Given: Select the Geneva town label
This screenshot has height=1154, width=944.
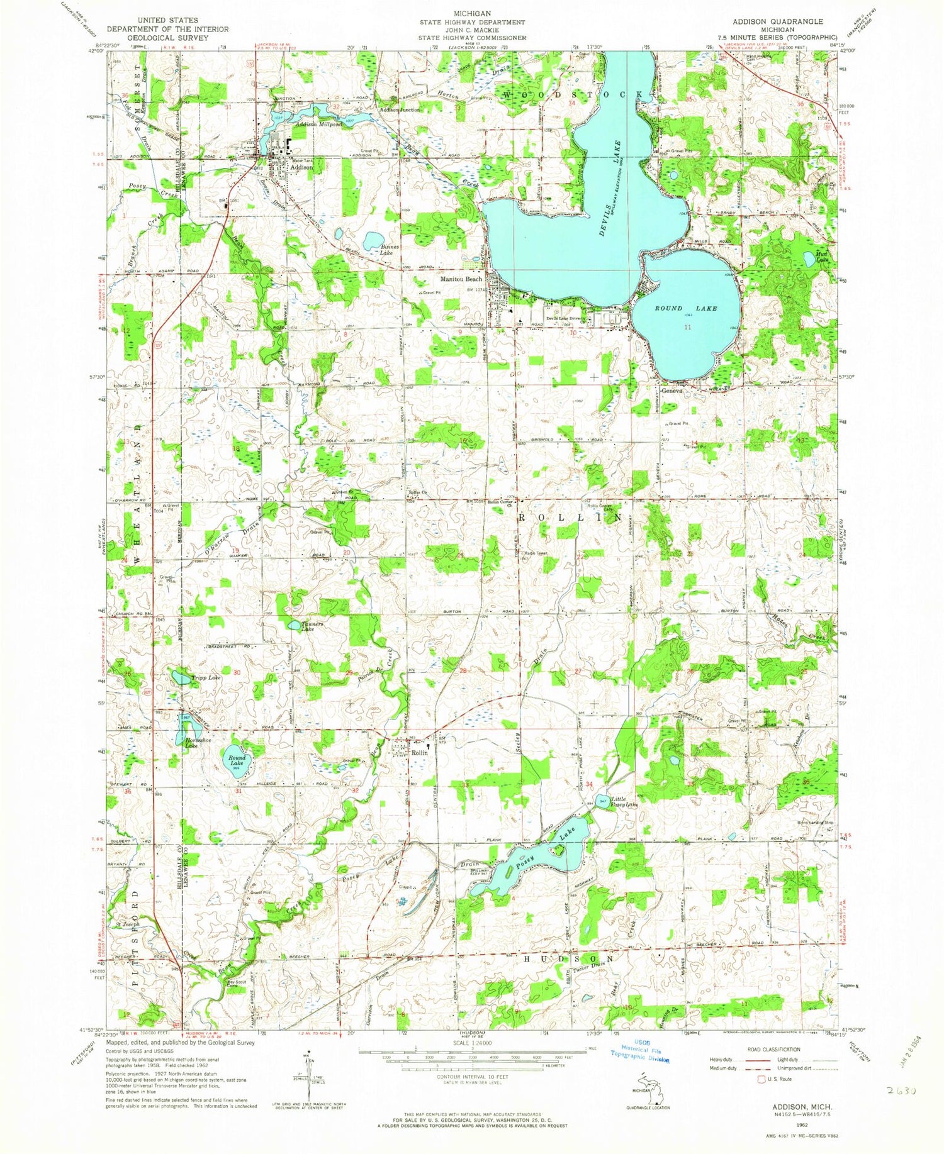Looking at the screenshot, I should [x=671, y=390].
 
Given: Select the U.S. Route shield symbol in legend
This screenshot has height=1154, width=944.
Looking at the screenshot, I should [x=764, y=1079].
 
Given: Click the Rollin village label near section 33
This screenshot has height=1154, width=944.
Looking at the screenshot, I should [x=420, y=752].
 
